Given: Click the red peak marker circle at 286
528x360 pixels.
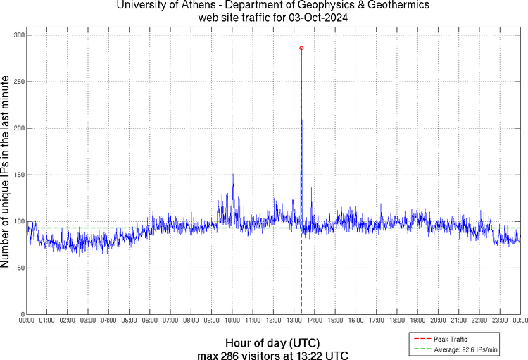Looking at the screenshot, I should tap(301, 48).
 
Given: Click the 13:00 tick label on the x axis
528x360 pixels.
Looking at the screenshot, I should tap(294, 321).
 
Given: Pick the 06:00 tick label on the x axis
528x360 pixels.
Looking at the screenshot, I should tap(150, 321).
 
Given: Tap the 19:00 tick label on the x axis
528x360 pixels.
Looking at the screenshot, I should tap(417, 321).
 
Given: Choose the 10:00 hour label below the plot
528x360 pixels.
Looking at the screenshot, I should tap(232, 321).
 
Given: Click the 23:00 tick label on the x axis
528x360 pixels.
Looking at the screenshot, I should tap(500, 321).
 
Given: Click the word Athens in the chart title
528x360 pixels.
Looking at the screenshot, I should tap(199, 6).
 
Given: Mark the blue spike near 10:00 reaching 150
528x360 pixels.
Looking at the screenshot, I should tap(232, 175).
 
